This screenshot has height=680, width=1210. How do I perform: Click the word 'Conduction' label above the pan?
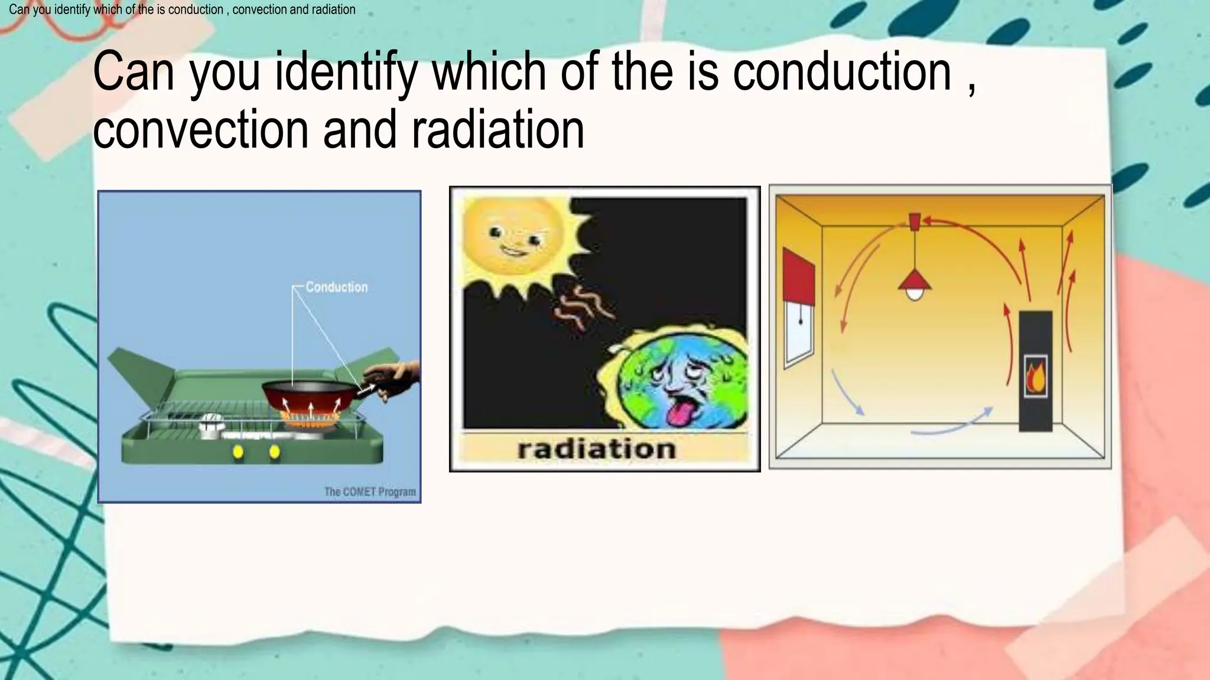click(x=336, y=287)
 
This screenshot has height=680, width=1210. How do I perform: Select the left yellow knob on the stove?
click(x=238, y=452)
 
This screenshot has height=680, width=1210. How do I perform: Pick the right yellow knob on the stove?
click(x=275, y=452)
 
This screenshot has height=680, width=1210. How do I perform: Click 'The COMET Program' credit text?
click(x=370, y=492)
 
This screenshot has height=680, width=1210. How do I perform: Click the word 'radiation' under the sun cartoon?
click(x=596, y=449)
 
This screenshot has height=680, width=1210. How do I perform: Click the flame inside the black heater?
click(x=1035, y=378)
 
